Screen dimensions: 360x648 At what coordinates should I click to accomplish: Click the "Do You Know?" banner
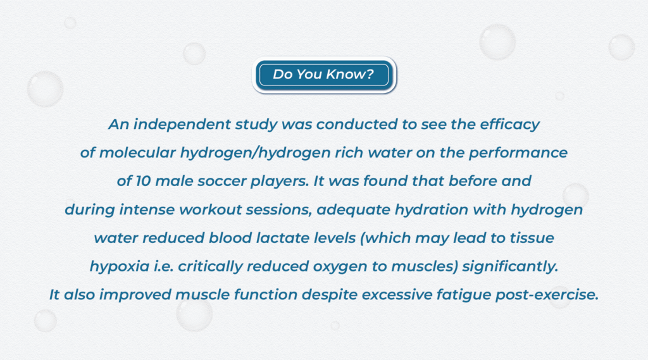pos(323,75)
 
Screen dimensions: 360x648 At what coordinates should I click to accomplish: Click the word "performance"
pos(524,152)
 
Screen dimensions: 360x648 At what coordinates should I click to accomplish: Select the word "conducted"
pos(358,124)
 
